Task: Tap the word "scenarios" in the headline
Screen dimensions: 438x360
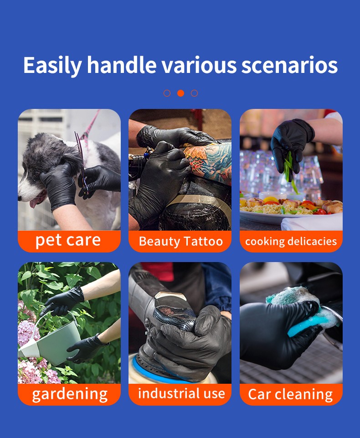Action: [289, 65]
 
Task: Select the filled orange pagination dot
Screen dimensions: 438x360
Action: [180, 93]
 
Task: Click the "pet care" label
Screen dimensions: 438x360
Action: [68, 240]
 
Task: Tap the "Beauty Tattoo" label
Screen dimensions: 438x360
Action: [180, 241]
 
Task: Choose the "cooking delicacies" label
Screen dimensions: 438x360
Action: [291, 241]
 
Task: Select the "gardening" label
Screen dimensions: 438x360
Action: [70, 394]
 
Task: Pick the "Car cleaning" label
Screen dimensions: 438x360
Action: [290, 394]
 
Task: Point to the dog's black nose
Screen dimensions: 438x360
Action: [20, 197]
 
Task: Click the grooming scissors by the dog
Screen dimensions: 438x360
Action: [82, 157]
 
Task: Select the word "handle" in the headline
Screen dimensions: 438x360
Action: [122, 65]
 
